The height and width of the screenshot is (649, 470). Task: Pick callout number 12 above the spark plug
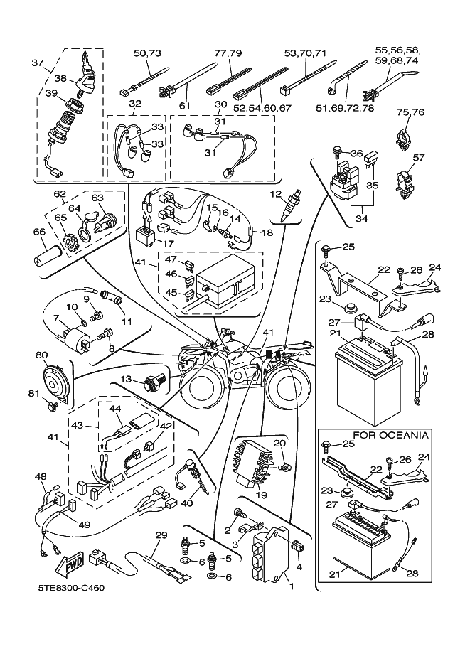[275, 193]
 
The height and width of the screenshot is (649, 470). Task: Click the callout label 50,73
[148, 53]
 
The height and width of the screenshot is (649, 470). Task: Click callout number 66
[39, 231]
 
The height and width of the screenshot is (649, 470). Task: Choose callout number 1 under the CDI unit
[290, 587]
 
